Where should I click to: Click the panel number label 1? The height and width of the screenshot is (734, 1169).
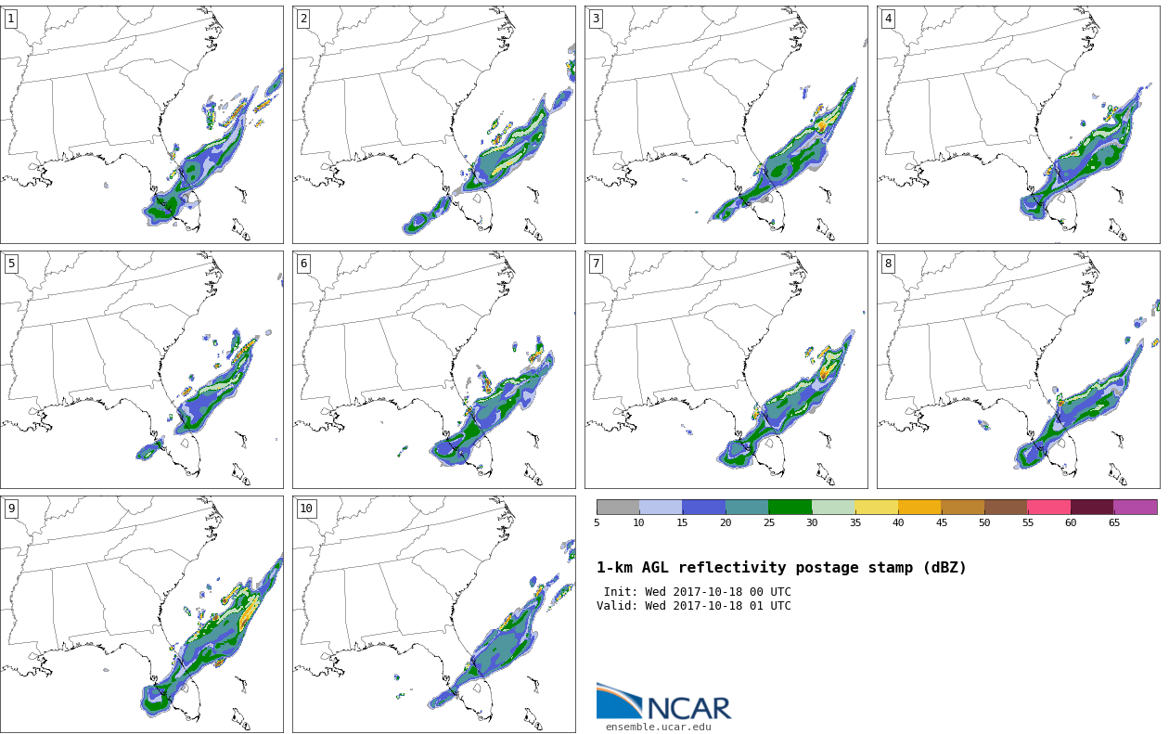point(11,19)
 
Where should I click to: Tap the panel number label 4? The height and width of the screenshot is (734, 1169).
point(888,19)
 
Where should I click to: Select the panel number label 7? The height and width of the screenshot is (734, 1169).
point(596,264)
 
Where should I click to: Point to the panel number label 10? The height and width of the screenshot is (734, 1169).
point(306,509)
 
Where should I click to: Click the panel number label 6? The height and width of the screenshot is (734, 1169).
point(303,264)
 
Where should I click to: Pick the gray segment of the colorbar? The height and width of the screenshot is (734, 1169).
point(618,507)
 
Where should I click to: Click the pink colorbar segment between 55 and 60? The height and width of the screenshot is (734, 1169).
point(1048,507)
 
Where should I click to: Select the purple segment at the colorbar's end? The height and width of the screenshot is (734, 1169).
point(1135,507)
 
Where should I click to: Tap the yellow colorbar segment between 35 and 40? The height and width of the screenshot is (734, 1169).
point(876,507)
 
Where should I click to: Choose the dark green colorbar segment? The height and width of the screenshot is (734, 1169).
point(790,507)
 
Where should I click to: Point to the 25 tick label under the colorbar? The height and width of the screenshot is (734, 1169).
point(769,522)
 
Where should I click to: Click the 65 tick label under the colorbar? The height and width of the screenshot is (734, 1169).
point(1113,522)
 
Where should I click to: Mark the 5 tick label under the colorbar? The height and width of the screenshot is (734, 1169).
point(597,522)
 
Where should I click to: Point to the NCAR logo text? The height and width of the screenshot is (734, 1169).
point(689,708)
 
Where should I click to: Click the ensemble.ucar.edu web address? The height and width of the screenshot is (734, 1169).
point(658,727)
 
